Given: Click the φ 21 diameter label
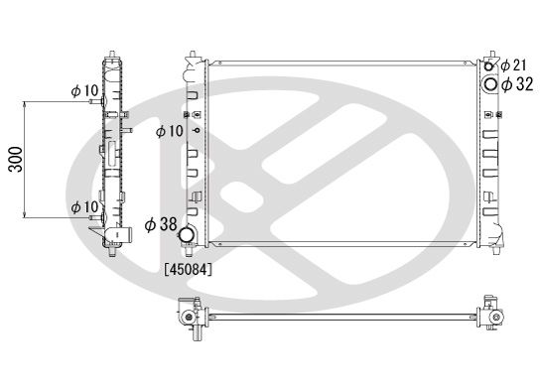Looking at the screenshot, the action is [513, 65].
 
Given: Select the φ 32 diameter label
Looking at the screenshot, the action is [517, 84].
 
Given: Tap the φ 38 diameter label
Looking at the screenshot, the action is [161, 224].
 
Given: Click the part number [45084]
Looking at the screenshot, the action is [188, 269].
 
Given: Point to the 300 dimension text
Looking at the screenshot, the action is [16, 160].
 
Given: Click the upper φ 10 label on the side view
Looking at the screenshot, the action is [84, 91].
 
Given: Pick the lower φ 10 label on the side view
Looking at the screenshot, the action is [84, 207].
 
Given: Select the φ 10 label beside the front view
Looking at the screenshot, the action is [170, 131].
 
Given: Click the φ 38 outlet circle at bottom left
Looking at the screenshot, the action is [187, 234].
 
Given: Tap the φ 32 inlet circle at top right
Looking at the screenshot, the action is [489, 84].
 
